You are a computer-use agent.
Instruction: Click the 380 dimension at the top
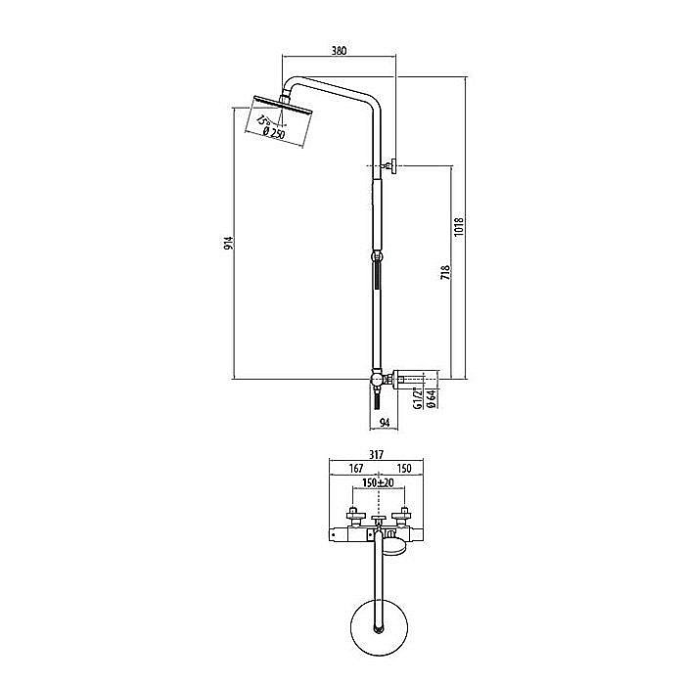pos(339,49)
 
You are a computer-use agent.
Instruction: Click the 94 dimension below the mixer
pos(384,423)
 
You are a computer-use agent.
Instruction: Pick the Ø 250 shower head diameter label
pos(273,134)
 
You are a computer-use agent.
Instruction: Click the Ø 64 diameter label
pos(431,399)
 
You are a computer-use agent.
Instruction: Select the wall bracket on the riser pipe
pos(391,167)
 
